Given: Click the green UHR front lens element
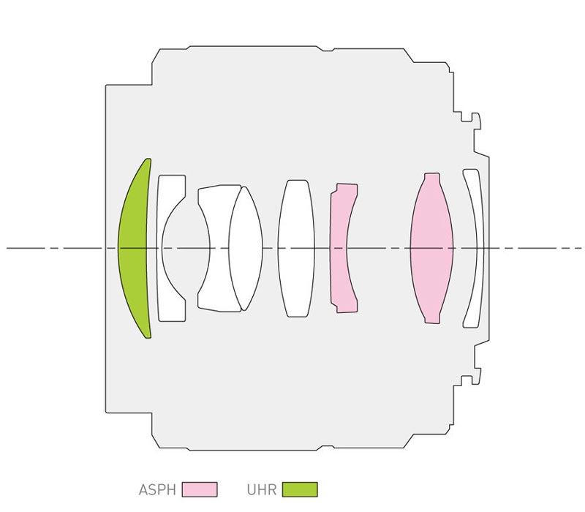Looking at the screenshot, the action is tap(132, 248).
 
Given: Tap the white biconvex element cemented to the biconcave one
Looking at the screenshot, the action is tap(246, 248).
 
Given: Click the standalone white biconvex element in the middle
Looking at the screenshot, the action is tap(296, 248).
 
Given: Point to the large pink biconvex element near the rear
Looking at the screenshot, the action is tap(431, 248).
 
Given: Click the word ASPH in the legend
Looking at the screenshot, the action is tap(157, 489).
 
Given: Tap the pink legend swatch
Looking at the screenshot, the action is tap(200, 489).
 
